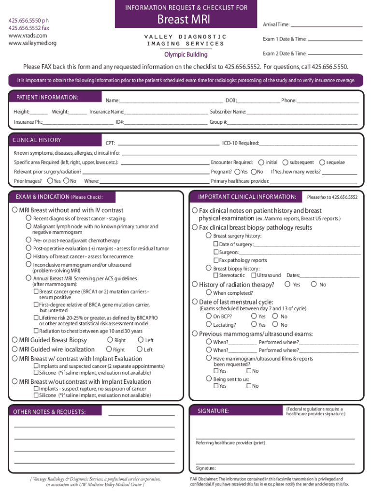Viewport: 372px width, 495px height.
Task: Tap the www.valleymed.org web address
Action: [x=33, y=44]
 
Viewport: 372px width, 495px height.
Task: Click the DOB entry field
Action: [x=258, y=101]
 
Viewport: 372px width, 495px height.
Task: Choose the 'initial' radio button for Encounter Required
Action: [x=261, y=162]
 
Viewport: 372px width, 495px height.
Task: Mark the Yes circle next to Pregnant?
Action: [x=237, y=172]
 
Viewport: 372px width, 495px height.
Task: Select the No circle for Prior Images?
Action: [x=67, y=181]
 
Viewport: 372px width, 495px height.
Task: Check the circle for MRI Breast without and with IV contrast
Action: [x=14, y=210]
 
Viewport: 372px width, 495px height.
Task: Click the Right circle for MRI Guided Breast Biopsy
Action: [x=109, y=340]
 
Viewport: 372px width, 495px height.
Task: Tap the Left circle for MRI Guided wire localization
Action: [x=140, y=349]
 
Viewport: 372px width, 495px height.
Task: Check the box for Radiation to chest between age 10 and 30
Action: [x=36, y=331]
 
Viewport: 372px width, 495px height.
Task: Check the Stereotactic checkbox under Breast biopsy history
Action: [x=216, y=275]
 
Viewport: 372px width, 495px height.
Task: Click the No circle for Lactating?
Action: [x=276, y=325]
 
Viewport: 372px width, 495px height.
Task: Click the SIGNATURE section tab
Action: [x=213, y=411]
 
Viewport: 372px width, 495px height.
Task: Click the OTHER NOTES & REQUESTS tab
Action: [x=50, y=412]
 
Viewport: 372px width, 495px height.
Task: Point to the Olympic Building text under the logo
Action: [x=186, y=55]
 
